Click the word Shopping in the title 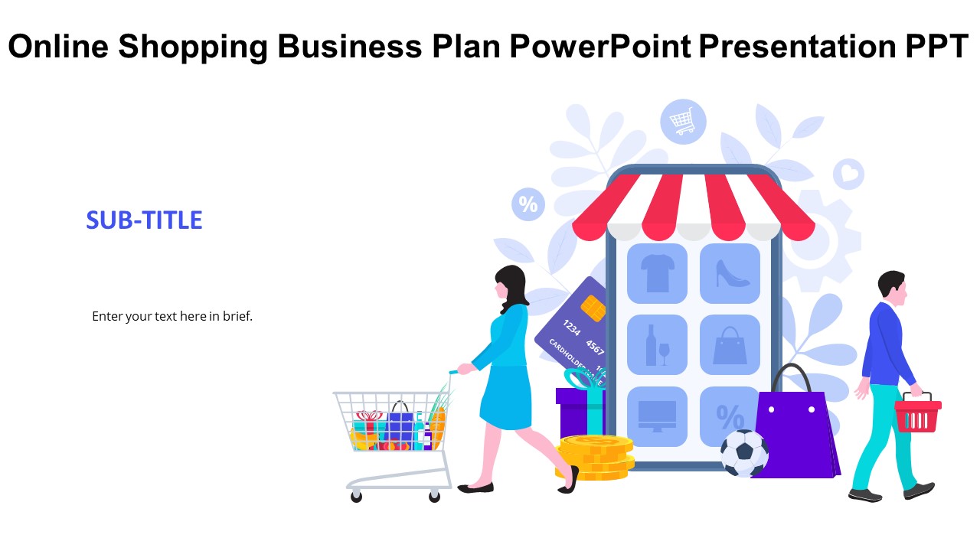click(192, 47)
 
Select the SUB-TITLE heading click(144, 220)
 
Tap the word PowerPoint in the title click(600, 47)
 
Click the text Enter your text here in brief click(172, 316)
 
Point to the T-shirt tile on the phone click(657, 274)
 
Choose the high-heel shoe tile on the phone click(730, 274)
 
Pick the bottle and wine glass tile click(657, 344)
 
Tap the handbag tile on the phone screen click(730, 344)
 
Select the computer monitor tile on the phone click(657, 416)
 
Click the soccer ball click(744, 453)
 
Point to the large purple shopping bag click(796, 433)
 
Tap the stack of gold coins click(595, 458)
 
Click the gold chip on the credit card click(593, 308)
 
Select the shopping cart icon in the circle click(683, 122)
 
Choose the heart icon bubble click(849, 174)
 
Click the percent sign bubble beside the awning click(528, 204)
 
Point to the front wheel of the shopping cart click(434, 496)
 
